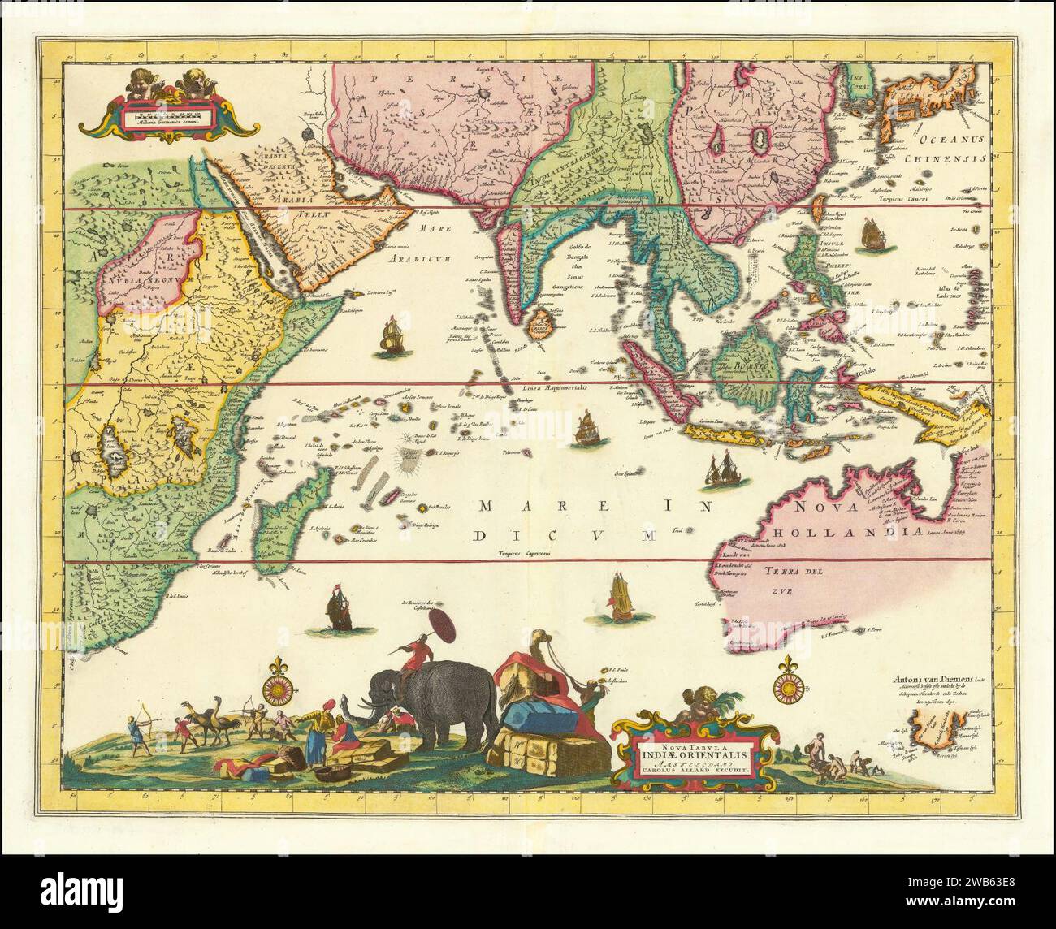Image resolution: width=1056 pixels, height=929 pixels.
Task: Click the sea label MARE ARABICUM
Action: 405,251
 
